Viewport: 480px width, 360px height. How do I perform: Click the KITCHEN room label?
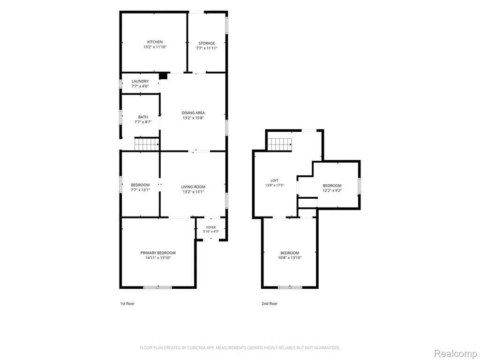point(155,42)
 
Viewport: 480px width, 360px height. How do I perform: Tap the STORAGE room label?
point(207,43)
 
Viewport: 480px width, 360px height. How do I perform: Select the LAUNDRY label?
point(140,81)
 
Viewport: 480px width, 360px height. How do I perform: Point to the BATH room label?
point(143,117)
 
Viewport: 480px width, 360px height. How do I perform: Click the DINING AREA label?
point(193,112)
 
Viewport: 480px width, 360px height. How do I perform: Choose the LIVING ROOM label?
point(193,187)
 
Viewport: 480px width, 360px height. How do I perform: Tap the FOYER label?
point(211,227)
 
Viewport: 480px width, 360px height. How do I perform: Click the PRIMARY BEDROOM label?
point(158,253)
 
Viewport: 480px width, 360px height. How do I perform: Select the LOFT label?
point(275,180)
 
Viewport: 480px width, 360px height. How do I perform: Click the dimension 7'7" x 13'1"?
point(140,190)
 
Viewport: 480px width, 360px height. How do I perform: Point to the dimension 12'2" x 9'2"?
point(332,190)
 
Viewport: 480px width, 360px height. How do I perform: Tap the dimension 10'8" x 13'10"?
point(290,258)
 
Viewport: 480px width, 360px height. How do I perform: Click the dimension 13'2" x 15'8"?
point(193,118)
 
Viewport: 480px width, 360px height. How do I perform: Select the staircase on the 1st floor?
point(147,144)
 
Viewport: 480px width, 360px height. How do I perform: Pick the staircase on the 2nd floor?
point(280,144)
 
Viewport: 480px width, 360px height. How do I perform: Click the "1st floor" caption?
point(127,304)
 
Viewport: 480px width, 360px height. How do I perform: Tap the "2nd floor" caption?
point(270,304)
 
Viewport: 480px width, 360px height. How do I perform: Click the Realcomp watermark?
point(456,353)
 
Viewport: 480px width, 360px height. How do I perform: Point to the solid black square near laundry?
point(164,75)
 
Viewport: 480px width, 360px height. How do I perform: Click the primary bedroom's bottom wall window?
point(157,287)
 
